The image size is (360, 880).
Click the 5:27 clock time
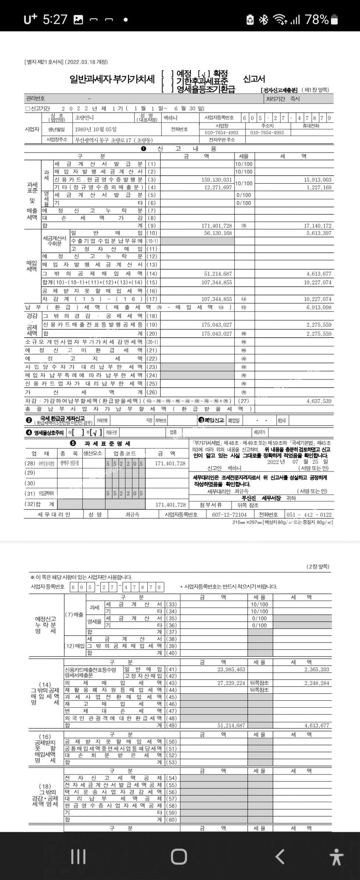pyautogui.click(x=55, y=19)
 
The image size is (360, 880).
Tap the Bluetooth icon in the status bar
pyautogui.click(x=263, y=19)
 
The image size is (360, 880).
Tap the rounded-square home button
pyautogui.click(x=179, y=856)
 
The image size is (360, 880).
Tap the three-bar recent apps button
pyautogui.click(x=78, y=856)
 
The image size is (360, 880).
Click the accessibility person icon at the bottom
pyautogui.click(x=336, y=857)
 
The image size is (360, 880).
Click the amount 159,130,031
pyautogui.click(x=216, y=180)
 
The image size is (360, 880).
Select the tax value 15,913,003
pyautogui.click(x=317, y=180)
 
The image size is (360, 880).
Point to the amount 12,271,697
pyautogui.click(x=218, y=187)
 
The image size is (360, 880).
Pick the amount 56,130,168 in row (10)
pyautogui.click(x=218, y=233)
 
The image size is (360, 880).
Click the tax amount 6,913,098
pyautogui.click(x=319, y=307)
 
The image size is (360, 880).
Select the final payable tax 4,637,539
pyautogui.click(x=319, y=401)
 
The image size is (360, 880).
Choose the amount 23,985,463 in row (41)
pyautogui.click(x=231, y=669)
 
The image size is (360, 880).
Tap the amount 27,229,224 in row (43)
pyautogui.click(x=231, y=683)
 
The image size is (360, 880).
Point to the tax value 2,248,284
pyautogui.click(x=317, y=683)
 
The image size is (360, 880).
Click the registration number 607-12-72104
pyautogui.click(x=229, y=514)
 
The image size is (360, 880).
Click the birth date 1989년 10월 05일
pyautogui.click(x=96, y=129)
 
